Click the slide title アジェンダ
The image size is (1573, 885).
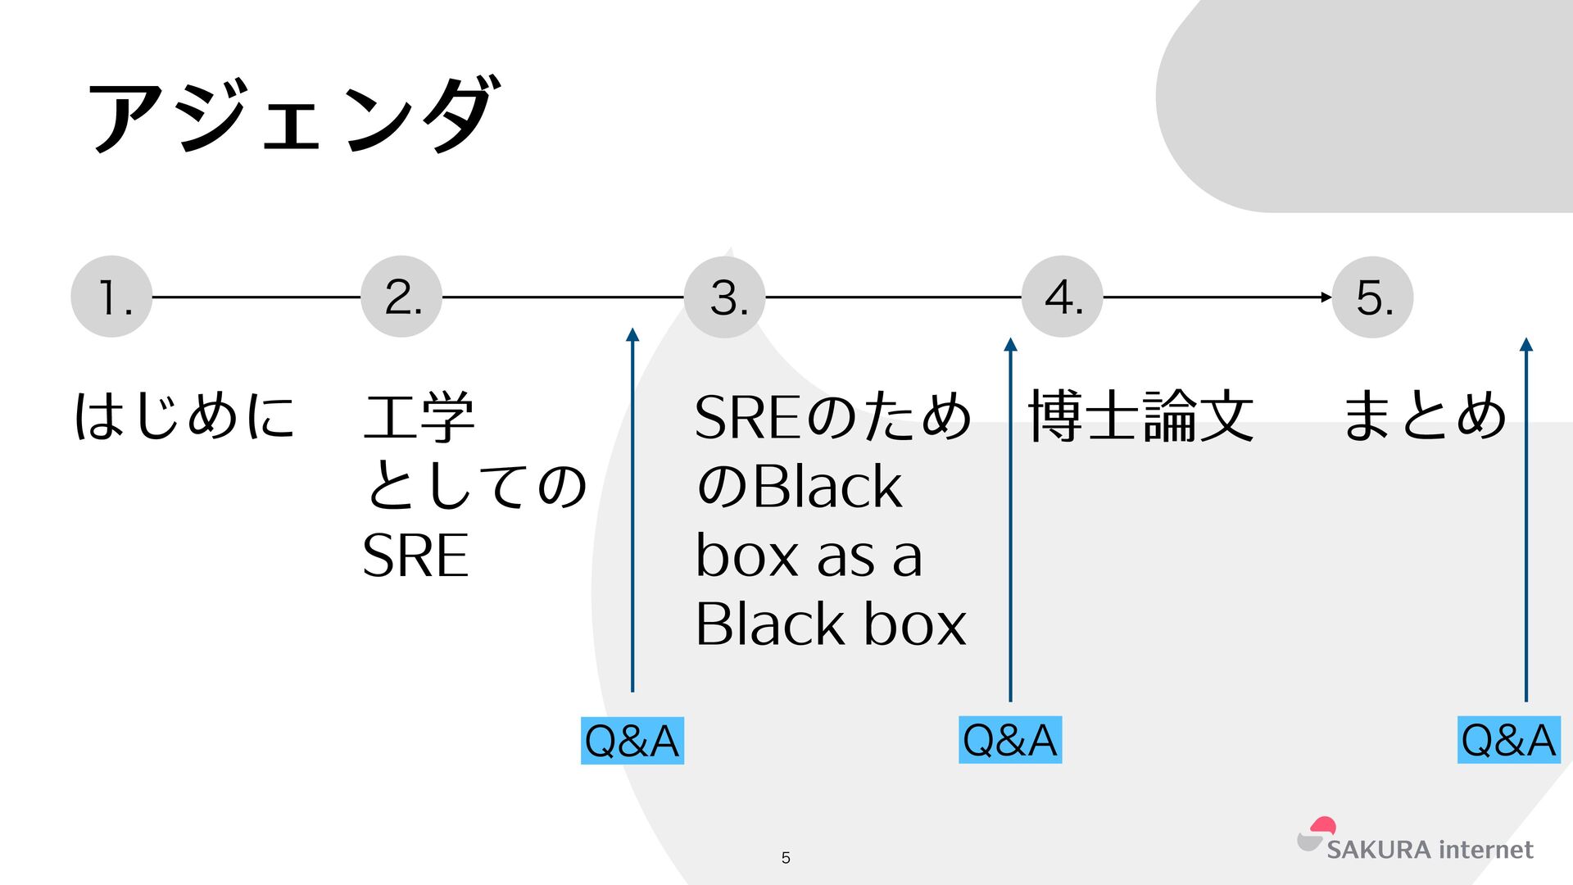click(292, 115)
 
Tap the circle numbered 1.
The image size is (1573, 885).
click(111, 297)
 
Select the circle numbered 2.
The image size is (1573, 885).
click(401, 297)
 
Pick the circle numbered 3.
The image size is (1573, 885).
click(725, 297)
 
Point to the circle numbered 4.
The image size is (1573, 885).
click(1062, 297)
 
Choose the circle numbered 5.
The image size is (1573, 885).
click(1373, 297)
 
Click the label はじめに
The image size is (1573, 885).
click(184, 415)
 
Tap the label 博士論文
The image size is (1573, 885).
click(1140, 415)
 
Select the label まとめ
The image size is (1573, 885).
click(1424, 415)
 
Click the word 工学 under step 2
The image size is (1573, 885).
click(419, 415)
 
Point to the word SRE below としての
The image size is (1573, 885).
click(415, 556)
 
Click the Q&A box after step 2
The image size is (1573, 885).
click(632, 741)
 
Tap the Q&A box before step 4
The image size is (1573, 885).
click(1010, 740)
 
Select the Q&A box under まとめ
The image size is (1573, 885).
click(1508, 740)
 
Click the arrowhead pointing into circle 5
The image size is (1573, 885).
click(1326, 297)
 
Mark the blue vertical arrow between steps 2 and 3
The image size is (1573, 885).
click(632, 508)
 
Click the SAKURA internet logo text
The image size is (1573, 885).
click(1430, 850)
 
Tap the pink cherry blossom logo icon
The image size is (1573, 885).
click(1322, 826)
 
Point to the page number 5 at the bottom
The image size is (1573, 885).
click(786, 858)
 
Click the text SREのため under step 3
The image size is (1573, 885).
click(832, 415)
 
